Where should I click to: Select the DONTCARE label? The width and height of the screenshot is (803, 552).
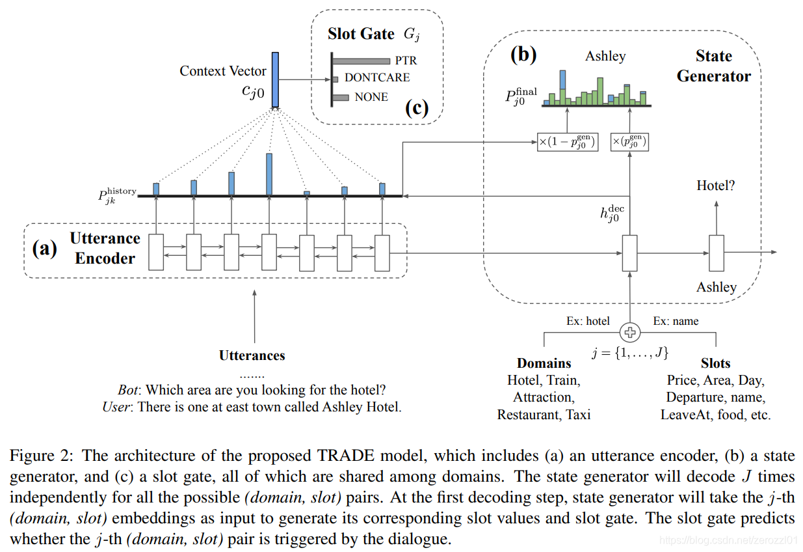[x=377, y=77]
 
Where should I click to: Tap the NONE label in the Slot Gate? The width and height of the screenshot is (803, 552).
[x=371, y=97]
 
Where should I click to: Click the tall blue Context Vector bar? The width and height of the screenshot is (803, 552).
[x=275, y=79]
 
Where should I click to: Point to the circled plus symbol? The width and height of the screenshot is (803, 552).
[x=629, y=333]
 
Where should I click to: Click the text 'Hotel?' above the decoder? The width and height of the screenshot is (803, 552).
[x=716, y=186]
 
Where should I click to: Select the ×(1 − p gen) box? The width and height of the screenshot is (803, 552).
[x=567, y=142]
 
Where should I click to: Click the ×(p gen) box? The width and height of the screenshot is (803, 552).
[x=629, y=142]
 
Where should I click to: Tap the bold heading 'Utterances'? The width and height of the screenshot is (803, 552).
[x=252, y=355]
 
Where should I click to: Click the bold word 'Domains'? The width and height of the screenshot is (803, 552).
[x=544, y=363]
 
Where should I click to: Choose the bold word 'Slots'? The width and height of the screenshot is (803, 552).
[x=715, y=363]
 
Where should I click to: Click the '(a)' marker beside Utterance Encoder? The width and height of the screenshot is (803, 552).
[x=45, y=248]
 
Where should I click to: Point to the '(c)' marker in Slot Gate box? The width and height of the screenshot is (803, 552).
[x=417, y=108]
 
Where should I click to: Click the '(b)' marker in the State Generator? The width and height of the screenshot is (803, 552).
[x=523, y=55]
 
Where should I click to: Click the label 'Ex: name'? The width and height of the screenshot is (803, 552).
[x=676, y=321]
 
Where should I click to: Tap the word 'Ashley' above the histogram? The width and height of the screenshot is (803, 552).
[x=605, y=56]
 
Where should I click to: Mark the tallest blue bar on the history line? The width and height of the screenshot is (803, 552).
[x=269, y=174]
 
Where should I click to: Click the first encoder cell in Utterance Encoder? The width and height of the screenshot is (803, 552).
[x=156, y=253]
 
